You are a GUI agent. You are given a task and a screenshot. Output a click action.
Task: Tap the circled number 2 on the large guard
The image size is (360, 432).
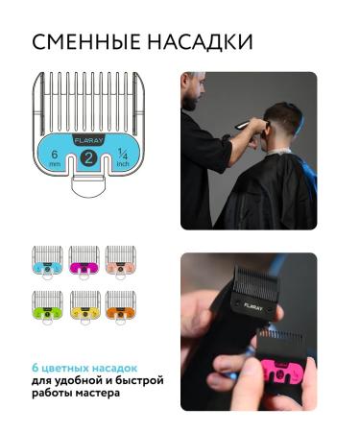[87, 159]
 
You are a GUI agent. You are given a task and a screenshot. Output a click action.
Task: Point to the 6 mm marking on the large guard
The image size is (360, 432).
[55, 158]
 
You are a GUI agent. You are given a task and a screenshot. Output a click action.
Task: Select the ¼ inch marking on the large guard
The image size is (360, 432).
[121, 158]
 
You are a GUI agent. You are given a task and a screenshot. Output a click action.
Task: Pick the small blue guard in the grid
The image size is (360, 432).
[48, 258]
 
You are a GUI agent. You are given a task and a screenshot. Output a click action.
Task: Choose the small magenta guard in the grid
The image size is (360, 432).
[84, 258]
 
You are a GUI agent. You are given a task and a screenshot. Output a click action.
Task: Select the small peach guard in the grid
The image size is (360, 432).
[119, 258]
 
